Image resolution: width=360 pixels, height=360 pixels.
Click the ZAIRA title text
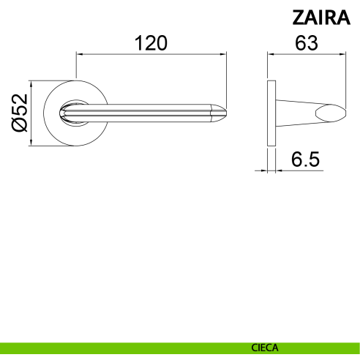[x=321, y=18]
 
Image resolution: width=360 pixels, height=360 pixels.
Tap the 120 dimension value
[x=151, y=43]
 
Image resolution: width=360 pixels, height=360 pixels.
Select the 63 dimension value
[x=307, y=43]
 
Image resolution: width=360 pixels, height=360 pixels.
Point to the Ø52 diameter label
[x=20, y=113]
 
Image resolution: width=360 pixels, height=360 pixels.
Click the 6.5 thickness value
[x=305, y=160]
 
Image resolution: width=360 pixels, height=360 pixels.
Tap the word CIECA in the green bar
[x=265, y=348]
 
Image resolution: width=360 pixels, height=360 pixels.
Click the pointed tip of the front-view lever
[x=226, y=113]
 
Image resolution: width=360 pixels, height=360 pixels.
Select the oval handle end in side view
[x=331, y=113]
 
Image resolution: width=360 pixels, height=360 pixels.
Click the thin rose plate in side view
[x=271, y=113]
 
